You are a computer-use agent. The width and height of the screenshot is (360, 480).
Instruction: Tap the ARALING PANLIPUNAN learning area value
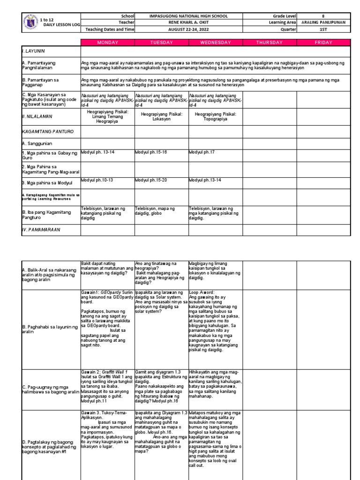pos(323,22)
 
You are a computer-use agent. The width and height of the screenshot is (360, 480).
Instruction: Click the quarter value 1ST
pos(323,29)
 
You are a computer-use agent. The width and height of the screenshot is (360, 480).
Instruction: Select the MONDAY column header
pos(107,43)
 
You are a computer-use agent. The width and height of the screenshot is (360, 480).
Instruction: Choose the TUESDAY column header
pos(161,43)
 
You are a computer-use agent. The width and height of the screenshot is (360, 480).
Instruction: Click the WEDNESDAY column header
pos(215,43)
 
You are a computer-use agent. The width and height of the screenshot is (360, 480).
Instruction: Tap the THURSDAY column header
pos(269,43)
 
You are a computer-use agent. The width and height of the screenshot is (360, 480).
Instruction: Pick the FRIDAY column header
pos(323,43)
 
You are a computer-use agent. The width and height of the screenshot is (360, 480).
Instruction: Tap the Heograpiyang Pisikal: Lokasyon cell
pos(161,116)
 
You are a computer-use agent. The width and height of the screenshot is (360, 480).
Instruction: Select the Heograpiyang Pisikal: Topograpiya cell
pos(215,116)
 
